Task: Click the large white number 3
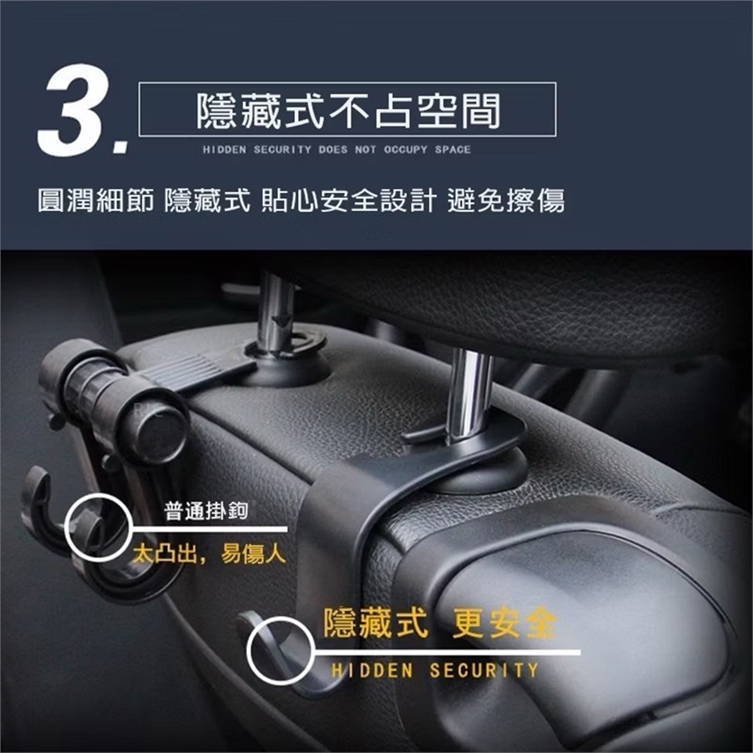73,110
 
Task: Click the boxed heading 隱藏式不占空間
347,110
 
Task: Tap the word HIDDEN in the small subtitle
224,149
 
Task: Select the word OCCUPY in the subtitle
406,149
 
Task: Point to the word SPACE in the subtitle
453,149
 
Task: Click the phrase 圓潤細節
96,200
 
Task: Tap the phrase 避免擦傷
506,200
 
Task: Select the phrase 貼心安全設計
348,200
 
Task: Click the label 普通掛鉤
206,511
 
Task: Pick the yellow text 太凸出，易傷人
209,555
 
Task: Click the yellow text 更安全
504,624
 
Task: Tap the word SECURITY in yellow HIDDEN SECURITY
484,670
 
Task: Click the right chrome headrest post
468,395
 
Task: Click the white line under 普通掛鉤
209,529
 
